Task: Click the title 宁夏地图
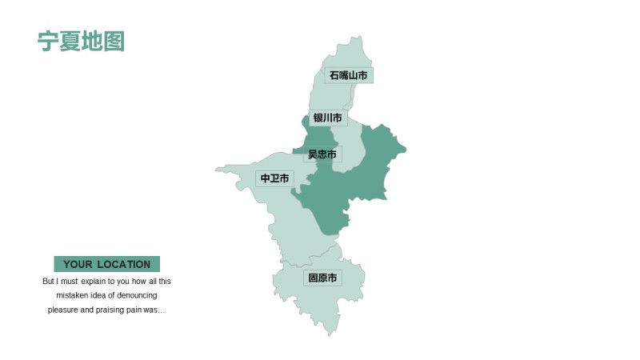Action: pyautogui.click(x=81, y=42)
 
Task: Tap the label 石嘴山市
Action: pyautogui.click(x=349, y=75)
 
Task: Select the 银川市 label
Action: pyautogui.click(x=328, y=118)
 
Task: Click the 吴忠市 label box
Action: pyautogui.click(x=322, y=154)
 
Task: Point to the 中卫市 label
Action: pyautogui.click(x=275, y=178)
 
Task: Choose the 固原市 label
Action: pyautogui.click(x=322, y=278)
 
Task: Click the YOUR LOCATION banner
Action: pyautogui.click(x=106, y=264)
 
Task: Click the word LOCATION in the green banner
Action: pyautogui.click(x=124, y=264)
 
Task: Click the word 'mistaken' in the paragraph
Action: pyautogui.click(x=73, y=296)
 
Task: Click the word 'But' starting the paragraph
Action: pyautogui.click(x=49, y=282)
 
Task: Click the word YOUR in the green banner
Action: pyautogui.click(x=78, y=264)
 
